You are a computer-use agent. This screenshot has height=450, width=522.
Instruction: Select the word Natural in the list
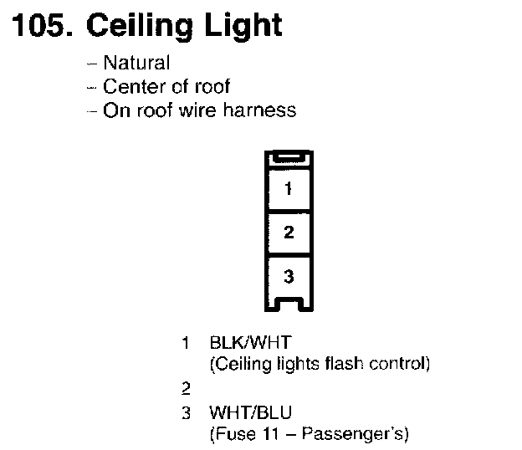pyautogui.click(x=136, y=63)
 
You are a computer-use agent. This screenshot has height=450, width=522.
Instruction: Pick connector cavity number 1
pyautogui.click(x=289, y=189)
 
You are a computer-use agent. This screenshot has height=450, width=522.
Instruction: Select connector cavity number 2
pyautogui.click(x=289, y=233)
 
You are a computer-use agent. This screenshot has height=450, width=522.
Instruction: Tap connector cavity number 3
pyautogui.click(x=289, y=275)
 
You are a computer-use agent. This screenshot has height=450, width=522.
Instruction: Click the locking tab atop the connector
pyautogui.click(x=289, y=158)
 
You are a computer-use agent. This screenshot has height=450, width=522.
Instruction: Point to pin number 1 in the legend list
pyautogui.click(x=186, y=342)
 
